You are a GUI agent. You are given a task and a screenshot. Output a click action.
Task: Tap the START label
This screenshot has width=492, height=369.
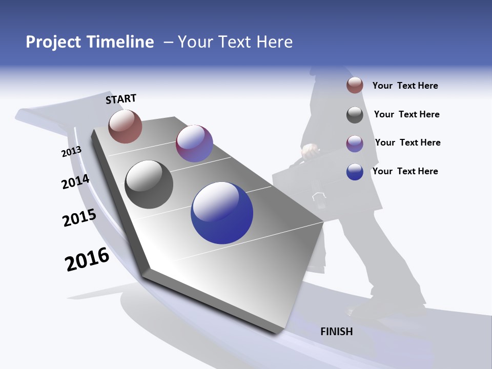121,99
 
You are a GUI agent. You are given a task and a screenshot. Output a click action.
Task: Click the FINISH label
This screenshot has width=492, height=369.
337,332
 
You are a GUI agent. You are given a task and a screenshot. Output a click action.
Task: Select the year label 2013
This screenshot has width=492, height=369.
71,152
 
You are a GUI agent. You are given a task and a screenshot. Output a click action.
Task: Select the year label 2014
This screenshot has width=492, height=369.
75,182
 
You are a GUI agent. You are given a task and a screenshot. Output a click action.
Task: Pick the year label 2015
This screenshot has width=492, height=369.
79,218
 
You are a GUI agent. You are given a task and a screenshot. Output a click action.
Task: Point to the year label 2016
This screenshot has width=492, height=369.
87,259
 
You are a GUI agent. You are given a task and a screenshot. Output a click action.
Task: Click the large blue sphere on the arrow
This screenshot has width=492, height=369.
222,213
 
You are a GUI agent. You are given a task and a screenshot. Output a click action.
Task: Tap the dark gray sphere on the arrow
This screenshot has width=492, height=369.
149,184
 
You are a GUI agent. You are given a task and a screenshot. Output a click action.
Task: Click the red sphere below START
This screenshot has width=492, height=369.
125,126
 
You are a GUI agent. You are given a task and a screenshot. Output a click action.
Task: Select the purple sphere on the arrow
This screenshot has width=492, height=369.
194,143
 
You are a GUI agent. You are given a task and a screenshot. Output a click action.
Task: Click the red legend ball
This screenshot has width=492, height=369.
355,85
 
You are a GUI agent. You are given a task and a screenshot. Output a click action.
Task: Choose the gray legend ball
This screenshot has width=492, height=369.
355,115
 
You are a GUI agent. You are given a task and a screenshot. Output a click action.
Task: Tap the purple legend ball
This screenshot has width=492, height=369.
355,143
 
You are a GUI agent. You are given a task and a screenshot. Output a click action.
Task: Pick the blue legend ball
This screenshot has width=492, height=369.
355,172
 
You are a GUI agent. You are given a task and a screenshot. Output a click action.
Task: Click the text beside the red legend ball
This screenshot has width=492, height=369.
405,86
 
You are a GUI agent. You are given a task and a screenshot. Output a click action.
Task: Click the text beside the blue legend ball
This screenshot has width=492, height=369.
405,171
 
